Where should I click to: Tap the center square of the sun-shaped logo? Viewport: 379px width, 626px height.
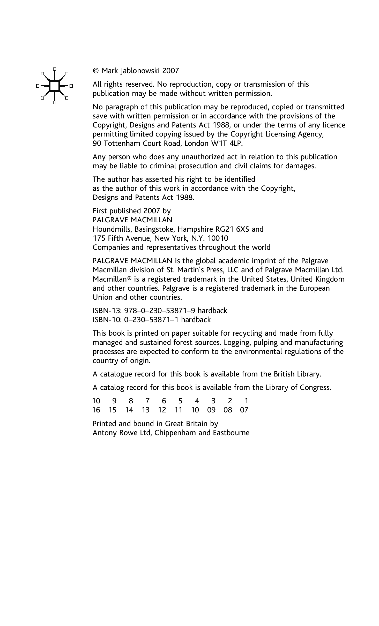tap(54, 86)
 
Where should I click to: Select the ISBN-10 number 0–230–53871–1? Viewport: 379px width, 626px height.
tap(151, 320)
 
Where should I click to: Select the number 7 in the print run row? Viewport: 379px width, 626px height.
tap(147, 401)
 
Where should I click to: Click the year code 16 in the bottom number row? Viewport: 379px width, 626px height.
tap(96, 410)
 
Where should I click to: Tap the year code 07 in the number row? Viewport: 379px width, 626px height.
tap(244, 410)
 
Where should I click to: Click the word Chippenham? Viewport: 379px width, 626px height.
tap(175, 433)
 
